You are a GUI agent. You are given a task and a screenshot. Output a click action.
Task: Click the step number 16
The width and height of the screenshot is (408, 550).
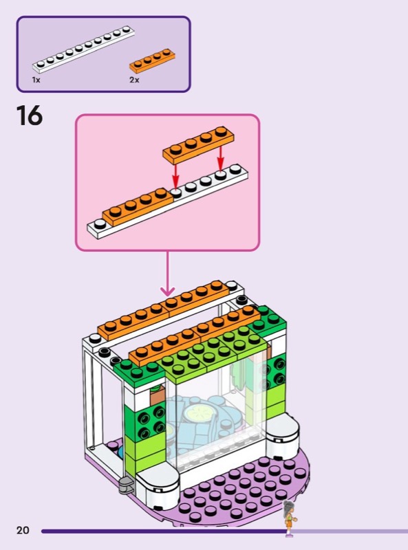point(30,115)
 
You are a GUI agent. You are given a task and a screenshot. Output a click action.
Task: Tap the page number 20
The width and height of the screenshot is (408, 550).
point(23,530)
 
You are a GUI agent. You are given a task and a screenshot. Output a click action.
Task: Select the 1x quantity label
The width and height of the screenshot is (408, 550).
point(36,80)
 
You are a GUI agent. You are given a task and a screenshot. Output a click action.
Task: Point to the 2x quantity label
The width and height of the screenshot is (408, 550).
point(134,80)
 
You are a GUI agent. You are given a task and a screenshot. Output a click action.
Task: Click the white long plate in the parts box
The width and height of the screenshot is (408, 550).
point(83,49)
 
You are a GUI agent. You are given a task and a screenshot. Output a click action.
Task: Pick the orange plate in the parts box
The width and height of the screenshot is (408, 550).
point(152,60)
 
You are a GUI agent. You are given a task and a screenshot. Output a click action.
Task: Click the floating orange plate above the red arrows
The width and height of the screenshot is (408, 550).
point(198,144)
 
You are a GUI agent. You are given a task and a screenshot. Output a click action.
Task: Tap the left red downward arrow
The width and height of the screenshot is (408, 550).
point(175,175)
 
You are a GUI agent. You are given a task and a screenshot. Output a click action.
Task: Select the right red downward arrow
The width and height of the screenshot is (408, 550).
point(220,158)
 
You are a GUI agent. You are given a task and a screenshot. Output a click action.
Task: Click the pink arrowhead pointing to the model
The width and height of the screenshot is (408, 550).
point(167,291)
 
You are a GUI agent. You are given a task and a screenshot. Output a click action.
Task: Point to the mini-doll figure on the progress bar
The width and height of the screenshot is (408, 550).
point(290,518)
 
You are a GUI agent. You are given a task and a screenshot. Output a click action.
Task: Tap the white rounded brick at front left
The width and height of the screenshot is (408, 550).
point(158,487)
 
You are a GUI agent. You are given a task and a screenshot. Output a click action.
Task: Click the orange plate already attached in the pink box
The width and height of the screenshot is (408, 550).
point(138,207)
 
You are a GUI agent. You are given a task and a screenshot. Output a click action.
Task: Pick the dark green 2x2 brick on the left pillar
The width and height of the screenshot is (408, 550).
point(150,421)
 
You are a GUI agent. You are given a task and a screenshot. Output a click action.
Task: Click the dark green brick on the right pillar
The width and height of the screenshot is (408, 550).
point(277,371)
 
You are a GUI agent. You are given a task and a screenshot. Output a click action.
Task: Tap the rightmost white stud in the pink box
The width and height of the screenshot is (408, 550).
point(235,169)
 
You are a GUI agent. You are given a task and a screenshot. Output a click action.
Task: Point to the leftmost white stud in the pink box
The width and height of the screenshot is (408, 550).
point(100,223)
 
